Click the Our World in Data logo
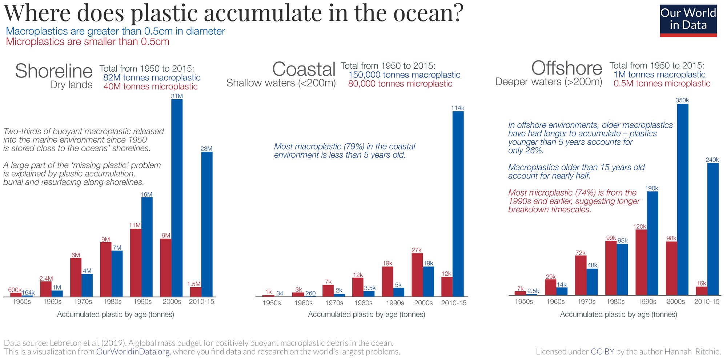click(x=688, y=20)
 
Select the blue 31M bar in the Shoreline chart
click(x=177, y=198)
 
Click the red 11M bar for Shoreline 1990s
click(x=136, y=263)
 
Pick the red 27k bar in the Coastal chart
click(x=417, y=275)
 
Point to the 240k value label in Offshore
click(x=712, y=160)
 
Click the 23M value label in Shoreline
click(x=206, y=149)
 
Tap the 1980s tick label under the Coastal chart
click(x=363, y=303)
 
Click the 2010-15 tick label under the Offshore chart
click(x=707, y=301)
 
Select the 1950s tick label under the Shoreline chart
click(x=22, y=301)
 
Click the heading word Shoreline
click(x=54, y=71)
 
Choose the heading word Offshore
click(x=566, y=68)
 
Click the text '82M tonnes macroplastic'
click(x=152, y=77)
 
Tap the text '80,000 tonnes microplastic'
click(x=400, y=84)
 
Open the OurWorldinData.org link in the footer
click(x=133, y=352)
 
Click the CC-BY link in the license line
click(x=602, y=352)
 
